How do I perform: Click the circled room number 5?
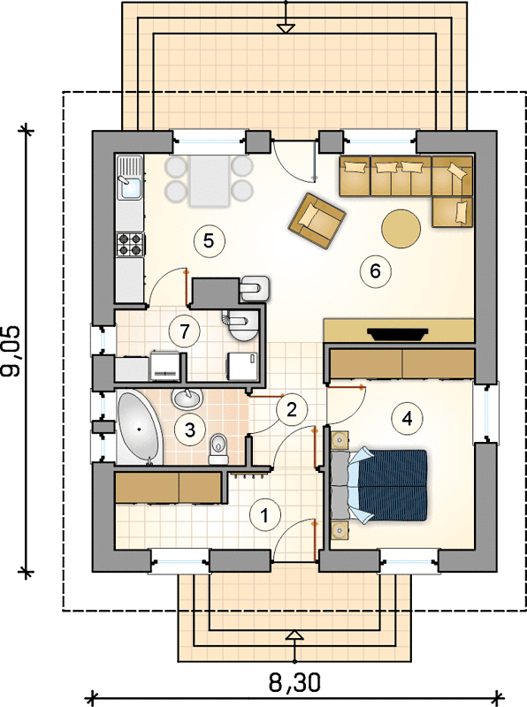click(x=209, y=241)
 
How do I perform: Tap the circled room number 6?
click(x=376, y=271)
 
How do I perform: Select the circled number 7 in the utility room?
click(x=184, y=332)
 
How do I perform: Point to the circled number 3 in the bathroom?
click(x=190, y=430)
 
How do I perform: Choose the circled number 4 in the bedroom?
click(x=407, y=419)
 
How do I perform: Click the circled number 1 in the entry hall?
click(x=265, y=514)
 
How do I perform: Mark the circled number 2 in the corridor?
click(x=292, y=410)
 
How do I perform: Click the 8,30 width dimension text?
click(x=295, y=682)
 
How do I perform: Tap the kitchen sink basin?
click(x=129, y=187)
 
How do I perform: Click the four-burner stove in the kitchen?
click(x=130, y=245)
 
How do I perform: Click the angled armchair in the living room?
click(x=317, y=220)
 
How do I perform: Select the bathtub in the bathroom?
click(x=139, y=428)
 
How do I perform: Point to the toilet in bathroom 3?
click(x=219, y=449)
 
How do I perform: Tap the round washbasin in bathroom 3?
click(x=187, y=399)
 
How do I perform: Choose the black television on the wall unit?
click(x=398, y=333)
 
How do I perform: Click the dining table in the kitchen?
click(x=209, y=180)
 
